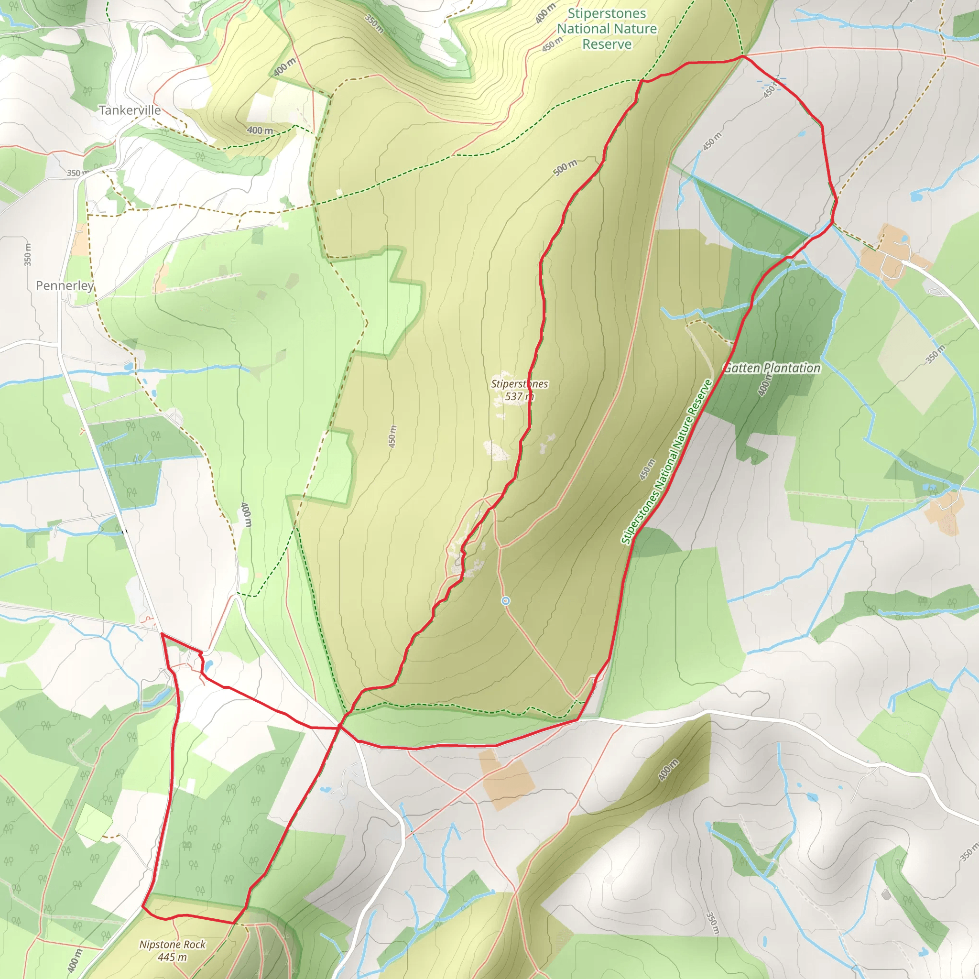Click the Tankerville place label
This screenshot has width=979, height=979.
(x=130, y=110)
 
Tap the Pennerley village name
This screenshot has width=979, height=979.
(x=65, y=286)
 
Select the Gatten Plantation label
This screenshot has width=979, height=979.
(x=772, y=369)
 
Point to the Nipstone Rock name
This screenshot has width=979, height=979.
(x=172, y=945)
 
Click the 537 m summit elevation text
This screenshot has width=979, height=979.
(x=520, y=397)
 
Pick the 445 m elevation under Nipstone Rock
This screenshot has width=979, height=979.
(x=172, y=957)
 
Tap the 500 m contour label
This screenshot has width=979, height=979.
(x=565, y=168)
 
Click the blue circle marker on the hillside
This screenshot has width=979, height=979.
(x=505, y=601)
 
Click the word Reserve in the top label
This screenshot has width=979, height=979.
(x=607, y=44)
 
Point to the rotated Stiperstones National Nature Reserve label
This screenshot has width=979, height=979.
(x=667, y=462)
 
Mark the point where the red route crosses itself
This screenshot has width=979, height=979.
(x=340, y=728)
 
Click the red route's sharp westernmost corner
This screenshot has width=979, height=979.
(x=161, y=633)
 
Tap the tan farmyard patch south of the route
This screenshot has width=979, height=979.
(x=507, y=777)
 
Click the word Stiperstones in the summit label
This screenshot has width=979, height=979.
(x=520, y=384)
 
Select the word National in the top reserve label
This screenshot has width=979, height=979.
(x=607, y=29)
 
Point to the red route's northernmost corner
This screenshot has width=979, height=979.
(x=743, y=57)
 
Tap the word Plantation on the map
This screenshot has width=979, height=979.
(x=793, y=369)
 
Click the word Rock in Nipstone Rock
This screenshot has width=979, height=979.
(x=195, y=945)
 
